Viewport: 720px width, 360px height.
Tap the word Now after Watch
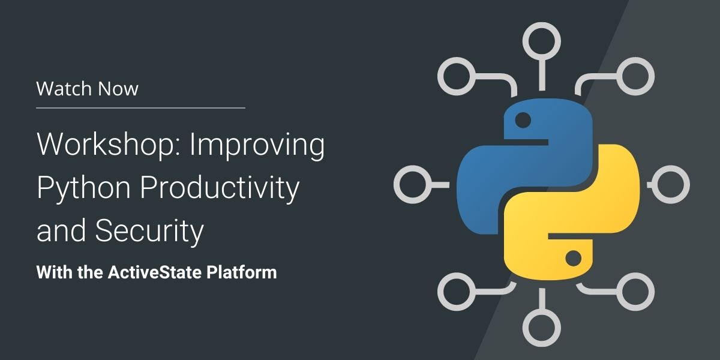click(118, 89)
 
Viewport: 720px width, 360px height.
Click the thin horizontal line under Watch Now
click(140, 108)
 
